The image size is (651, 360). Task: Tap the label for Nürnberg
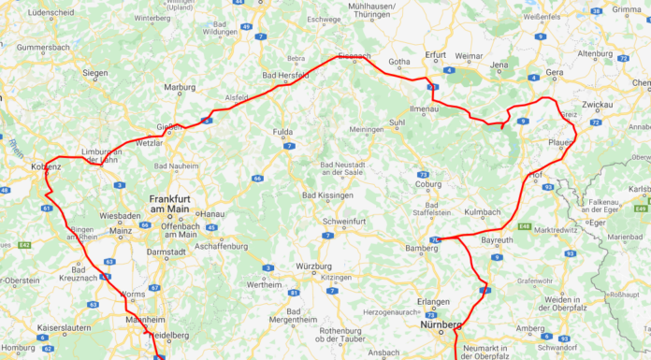coord(441,325)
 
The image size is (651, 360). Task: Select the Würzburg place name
coord(313,266)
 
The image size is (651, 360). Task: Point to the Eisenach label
coord(354,57)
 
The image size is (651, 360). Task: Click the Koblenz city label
coord(46,166)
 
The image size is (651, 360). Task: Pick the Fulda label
coord(282,133)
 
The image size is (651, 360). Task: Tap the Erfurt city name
coord(436,55)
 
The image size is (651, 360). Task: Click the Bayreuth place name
coord(497,240)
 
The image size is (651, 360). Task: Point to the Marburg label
coord(180,87)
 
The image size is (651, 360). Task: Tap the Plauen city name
coord(561,141)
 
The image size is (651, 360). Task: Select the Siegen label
coord(95,72)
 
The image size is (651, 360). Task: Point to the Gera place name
coord(556,71)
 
